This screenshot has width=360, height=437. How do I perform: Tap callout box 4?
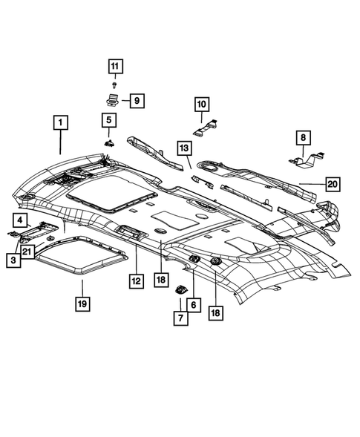[x=20, y=219]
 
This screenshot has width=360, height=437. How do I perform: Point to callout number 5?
[x=109, y=119]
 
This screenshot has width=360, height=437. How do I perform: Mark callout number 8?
[x=303, y=137]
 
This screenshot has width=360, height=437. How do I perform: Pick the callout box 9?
[x=137, y=101]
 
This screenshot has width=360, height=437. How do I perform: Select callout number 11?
[x=114, y=68]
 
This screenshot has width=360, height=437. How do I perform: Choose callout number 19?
[x=82, y=303]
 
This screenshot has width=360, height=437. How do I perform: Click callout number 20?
[x=332, y=183]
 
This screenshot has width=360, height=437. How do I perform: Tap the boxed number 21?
[x=27, y=253]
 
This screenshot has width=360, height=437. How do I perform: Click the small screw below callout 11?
[x=114, y=85]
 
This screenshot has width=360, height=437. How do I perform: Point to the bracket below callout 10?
[x=204, y=128]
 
